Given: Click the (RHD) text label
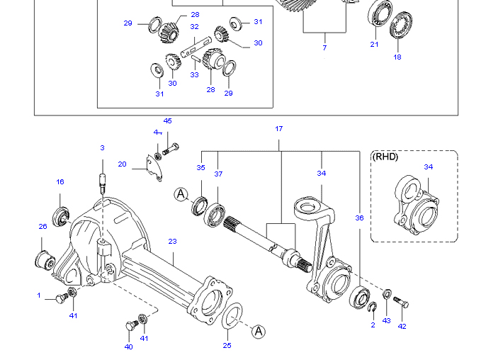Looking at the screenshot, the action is (x=385, y=157).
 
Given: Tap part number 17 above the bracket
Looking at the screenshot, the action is (x=278, y=129).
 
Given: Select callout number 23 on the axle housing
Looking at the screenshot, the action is (x=172, y=241).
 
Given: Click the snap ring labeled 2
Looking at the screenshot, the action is (x=373, y=307).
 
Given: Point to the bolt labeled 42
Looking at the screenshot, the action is (x=401, y=303).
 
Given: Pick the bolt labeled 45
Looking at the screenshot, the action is (x=171, y=149).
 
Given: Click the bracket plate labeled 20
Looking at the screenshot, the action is (x=154, y=168).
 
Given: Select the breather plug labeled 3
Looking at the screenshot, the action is (x=103, y=183).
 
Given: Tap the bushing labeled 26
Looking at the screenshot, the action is (x=45, y=260).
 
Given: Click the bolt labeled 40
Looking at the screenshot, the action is (x=132, y=325).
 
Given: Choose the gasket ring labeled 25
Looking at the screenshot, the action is (x=232, y=315).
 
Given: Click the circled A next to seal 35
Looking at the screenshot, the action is (x=181, y=194).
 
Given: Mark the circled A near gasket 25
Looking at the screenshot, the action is (x=258, y=332).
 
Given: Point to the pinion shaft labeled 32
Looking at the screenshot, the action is (x=196, y=47).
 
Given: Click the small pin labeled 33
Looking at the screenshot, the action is (x=196, y=60).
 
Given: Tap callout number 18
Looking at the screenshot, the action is (x=397, y=57).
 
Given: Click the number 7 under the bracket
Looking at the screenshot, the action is (x=324, y=47).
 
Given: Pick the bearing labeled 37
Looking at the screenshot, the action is (x=215, y=215).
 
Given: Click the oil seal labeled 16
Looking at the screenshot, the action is (x=61, y=216).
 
